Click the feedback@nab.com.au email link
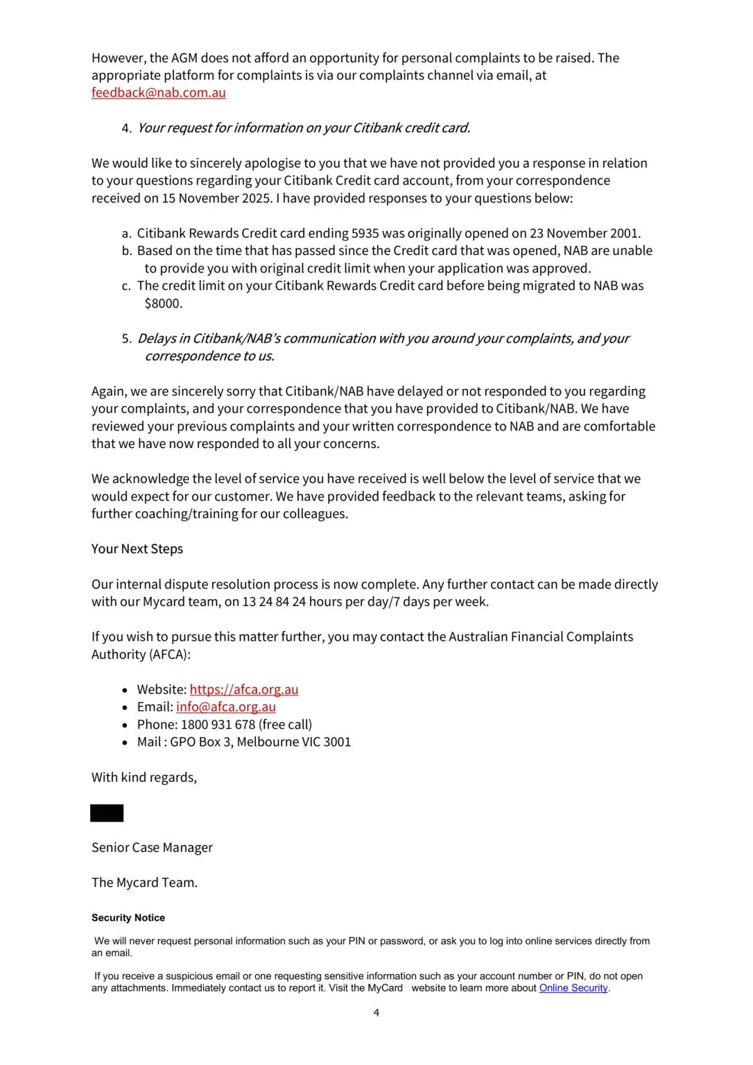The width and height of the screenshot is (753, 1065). [158, 93]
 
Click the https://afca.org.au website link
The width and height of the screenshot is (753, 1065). [243, 689]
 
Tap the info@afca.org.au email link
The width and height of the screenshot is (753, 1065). [225, 707]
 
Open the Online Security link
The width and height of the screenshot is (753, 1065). [573, 988]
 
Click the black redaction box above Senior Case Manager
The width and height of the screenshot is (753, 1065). [107, 813]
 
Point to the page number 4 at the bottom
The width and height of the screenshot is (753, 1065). [376, 1013]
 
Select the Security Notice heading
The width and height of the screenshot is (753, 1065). [128, 918]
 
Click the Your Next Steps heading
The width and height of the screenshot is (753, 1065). [137, 549]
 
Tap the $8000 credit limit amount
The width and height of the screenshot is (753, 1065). [162, 304]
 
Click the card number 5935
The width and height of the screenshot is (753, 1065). [365, 234]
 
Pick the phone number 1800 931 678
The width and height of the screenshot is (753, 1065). [218, 725]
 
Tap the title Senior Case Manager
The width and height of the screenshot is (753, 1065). [152, 848]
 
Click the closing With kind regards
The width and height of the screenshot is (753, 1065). [144, 777]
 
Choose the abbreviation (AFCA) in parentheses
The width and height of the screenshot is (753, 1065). [170, 655]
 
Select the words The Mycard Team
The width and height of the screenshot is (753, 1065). [144, 883]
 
